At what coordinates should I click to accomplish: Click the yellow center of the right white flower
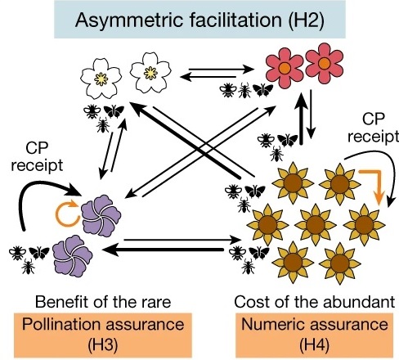tap(150, 73)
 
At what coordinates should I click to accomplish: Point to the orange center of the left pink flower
tap(285, 68)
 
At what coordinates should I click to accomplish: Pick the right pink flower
tap(325, 64)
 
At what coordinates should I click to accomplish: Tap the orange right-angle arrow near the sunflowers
tap(374, 185)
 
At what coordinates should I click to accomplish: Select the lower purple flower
tap(73, 256)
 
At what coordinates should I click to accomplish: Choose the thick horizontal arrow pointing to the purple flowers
tap(163, 250)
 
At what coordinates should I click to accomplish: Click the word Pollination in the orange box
tap(62, 324)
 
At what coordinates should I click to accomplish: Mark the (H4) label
tap(314, 344)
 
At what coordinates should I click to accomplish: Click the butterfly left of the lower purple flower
tap(39, 253)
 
